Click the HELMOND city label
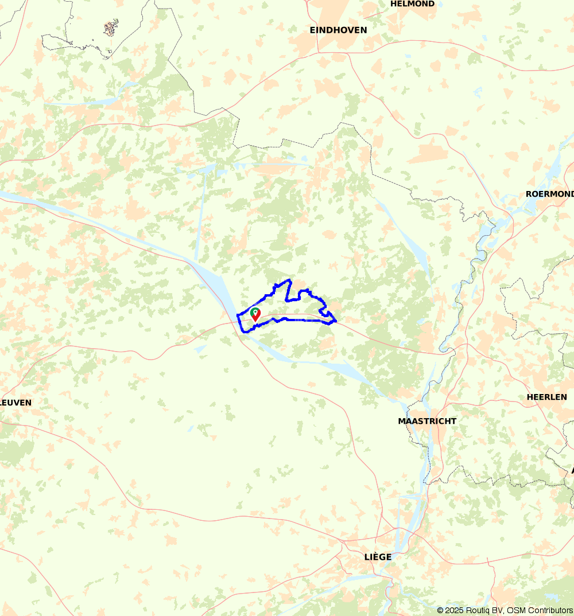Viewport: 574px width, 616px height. click(412, 4)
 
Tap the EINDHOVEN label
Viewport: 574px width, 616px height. click(338, 30)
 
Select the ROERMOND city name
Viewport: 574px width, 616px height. click(549, 194)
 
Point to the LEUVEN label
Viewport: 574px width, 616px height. click(15, 403)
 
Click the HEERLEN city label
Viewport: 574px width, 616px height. click(547, 397)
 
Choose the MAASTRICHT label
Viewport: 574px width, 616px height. click(427, 421)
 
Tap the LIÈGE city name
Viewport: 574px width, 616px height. click(378, 557)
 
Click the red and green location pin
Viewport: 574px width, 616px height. click(255, 314)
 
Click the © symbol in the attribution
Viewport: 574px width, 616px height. click(440, 610)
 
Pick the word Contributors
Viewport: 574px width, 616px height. click(551, 610)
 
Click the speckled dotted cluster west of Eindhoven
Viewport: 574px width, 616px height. click(111, 27)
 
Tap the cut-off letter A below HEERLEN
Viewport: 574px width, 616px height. click(572, 470)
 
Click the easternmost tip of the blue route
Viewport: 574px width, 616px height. click(336, 320)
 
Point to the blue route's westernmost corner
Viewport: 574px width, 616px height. click(238, 315)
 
